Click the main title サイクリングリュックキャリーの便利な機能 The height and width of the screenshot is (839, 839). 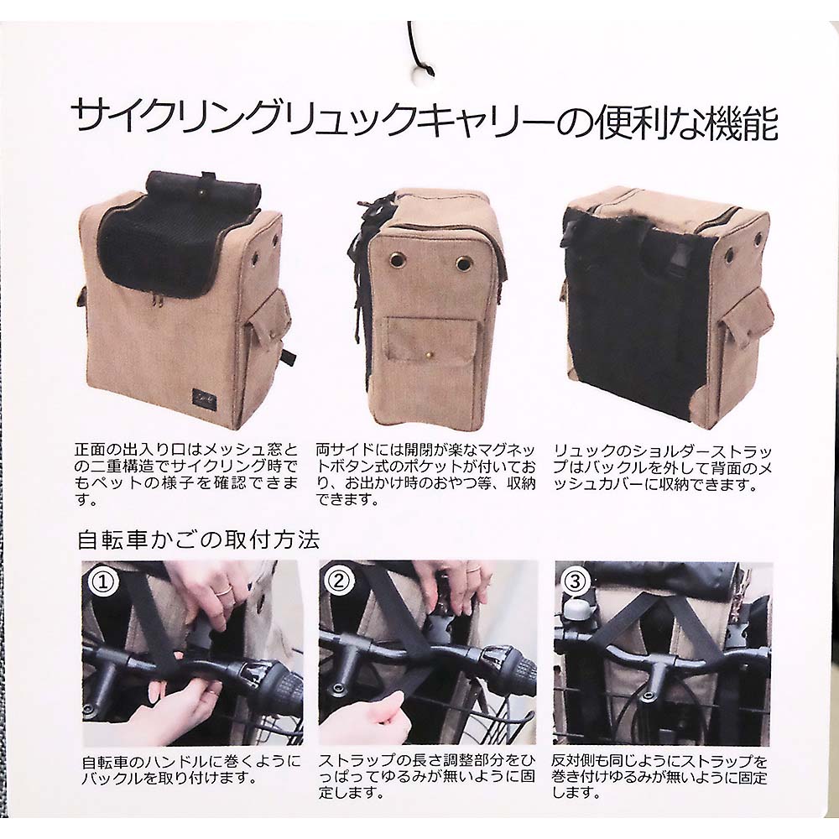coord(425,120)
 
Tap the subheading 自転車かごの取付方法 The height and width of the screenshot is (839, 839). coord(199,539)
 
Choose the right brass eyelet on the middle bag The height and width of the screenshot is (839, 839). coord(464,263)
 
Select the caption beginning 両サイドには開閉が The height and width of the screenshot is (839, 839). coord(426,475)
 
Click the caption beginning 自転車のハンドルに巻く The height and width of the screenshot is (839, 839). coord(191,769)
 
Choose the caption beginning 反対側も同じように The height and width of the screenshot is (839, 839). coord(659,777)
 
